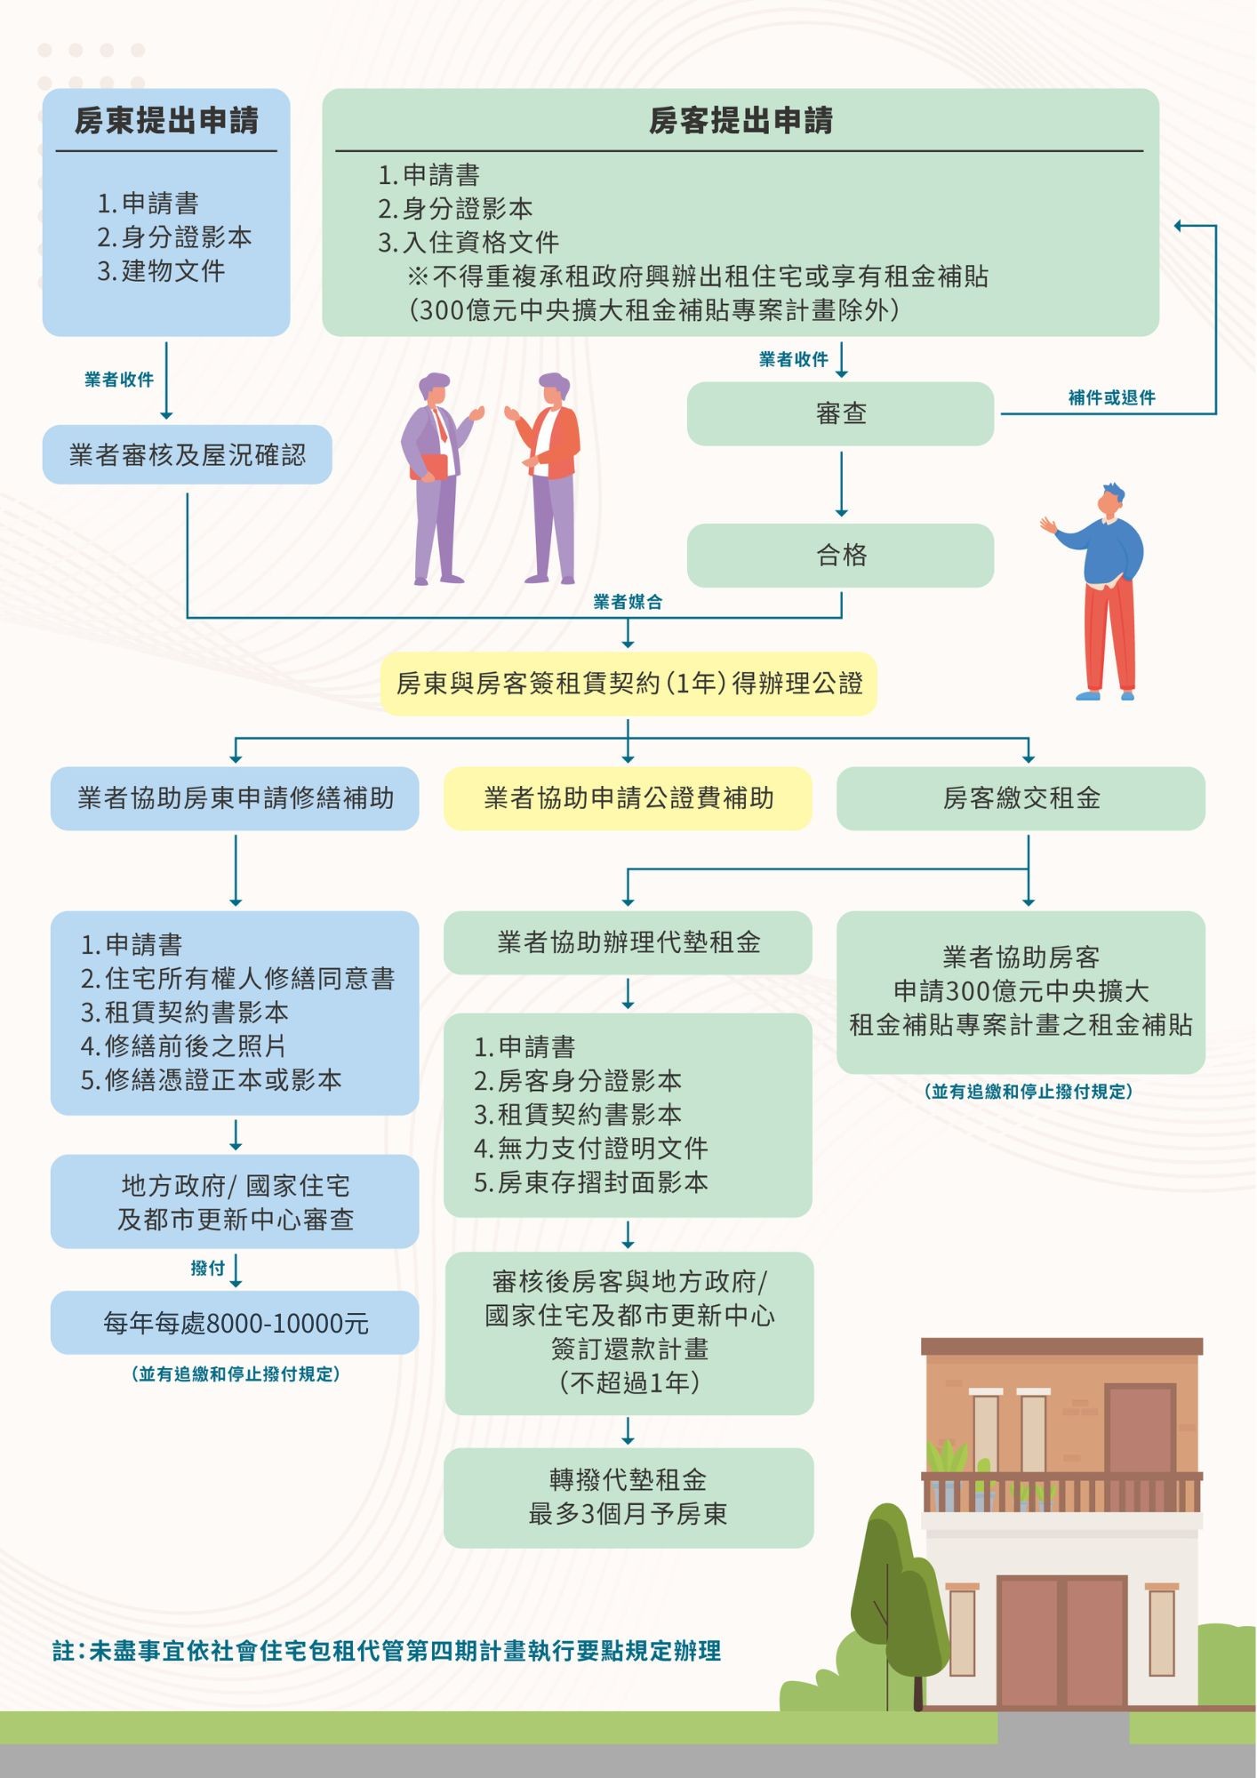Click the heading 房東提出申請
click(166, 121)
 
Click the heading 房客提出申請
click(741, 121)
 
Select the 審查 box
click(840, 413)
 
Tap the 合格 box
click(840, 555)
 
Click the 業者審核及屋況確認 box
click(187, 455)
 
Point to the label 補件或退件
click(1111, 397)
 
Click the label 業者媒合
click(628, 602)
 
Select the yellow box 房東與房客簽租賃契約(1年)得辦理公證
click(628, 683)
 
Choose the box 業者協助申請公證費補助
click(628, 797)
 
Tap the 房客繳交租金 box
click(1021, 797)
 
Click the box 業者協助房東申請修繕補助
click(235, 797)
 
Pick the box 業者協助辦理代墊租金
click(628, 942)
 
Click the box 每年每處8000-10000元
click(235, 1323)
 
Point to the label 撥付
click(207, 1268)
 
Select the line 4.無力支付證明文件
click(590, 1149)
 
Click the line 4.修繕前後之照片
click(183, 1045)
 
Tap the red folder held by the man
click(431, 467)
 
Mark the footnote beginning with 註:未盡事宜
click(387, 1651)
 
